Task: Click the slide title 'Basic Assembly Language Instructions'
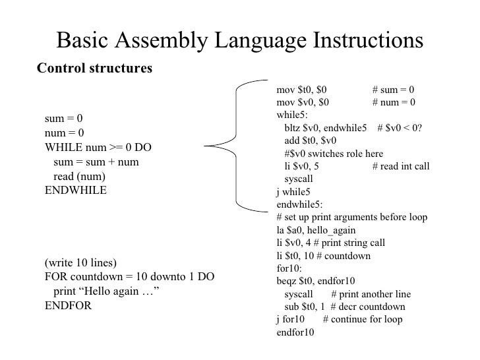click(x=240, y=40)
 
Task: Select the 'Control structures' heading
click(x=94, y=68)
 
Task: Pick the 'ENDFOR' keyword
click(x=67, y=306)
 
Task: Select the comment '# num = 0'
click(x=394, y=102)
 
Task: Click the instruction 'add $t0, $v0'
click(x=310, y=140)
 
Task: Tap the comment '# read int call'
click(x=401, y=166)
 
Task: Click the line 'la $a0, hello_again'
click(x=316, y=230)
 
